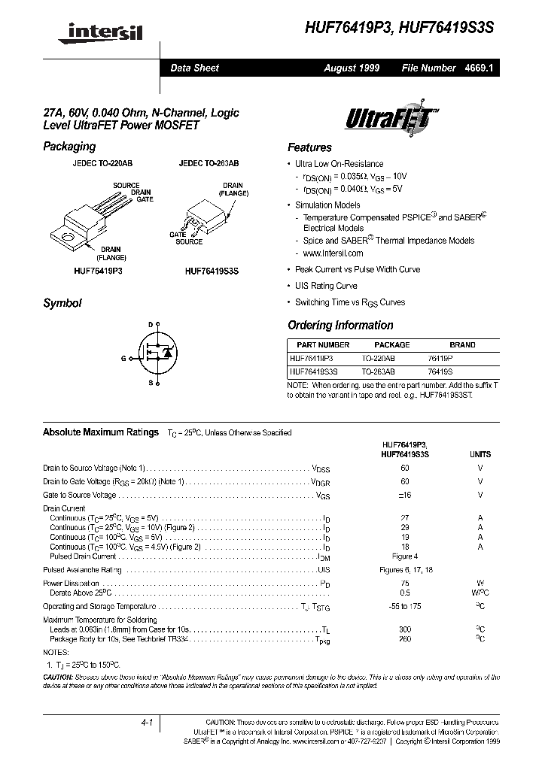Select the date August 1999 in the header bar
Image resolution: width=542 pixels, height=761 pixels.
(x=352, y=68)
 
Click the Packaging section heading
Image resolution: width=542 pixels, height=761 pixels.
(x=69, y=147)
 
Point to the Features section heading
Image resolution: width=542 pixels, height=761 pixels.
(x=309, y=147)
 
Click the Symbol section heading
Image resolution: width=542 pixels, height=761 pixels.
(x=62, y=303)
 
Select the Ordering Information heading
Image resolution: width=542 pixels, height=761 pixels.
(x=340, y=326)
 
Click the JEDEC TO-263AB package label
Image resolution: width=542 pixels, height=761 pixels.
(x=209, y=163)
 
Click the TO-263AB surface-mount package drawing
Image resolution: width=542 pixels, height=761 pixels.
(x=209, y=214)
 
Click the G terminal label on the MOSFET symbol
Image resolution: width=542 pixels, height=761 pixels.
(x=123, y=359)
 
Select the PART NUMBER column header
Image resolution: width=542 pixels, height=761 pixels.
(x=319, y=345)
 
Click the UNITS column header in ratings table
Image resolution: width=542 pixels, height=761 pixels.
(x=480, y=454)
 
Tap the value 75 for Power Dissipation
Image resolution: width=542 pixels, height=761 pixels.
(x=405, y=583)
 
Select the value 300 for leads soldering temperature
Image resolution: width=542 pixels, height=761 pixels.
(x=405, y=628)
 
